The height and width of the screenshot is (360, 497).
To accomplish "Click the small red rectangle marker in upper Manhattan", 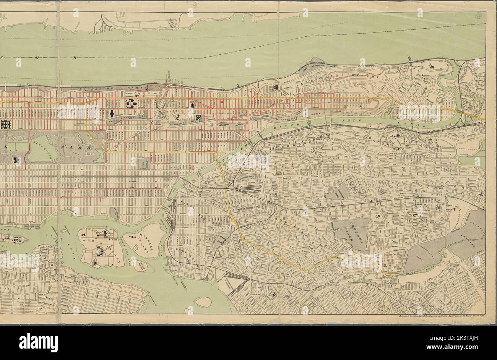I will pyautogui.click(x=221, y=102).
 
